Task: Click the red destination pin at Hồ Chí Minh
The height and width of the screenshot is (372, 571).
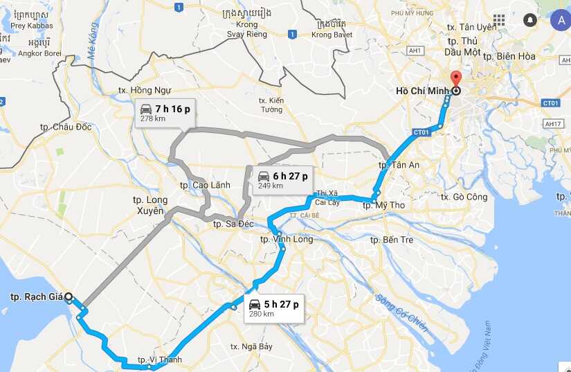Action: (455, 78)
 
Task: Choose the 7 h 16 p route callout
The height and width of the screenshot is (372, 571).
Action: (165, 112)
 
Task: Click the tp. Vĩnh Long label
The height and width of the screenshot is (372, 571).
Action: (286, 239)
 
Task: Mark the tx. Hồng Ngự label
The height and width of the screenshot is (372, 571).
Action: (144, 90)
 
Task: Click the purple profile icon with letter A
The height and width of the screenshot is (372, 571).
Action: (560, 20)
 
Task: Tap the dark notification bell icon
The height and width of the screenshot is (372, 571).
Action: (530, 20)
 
